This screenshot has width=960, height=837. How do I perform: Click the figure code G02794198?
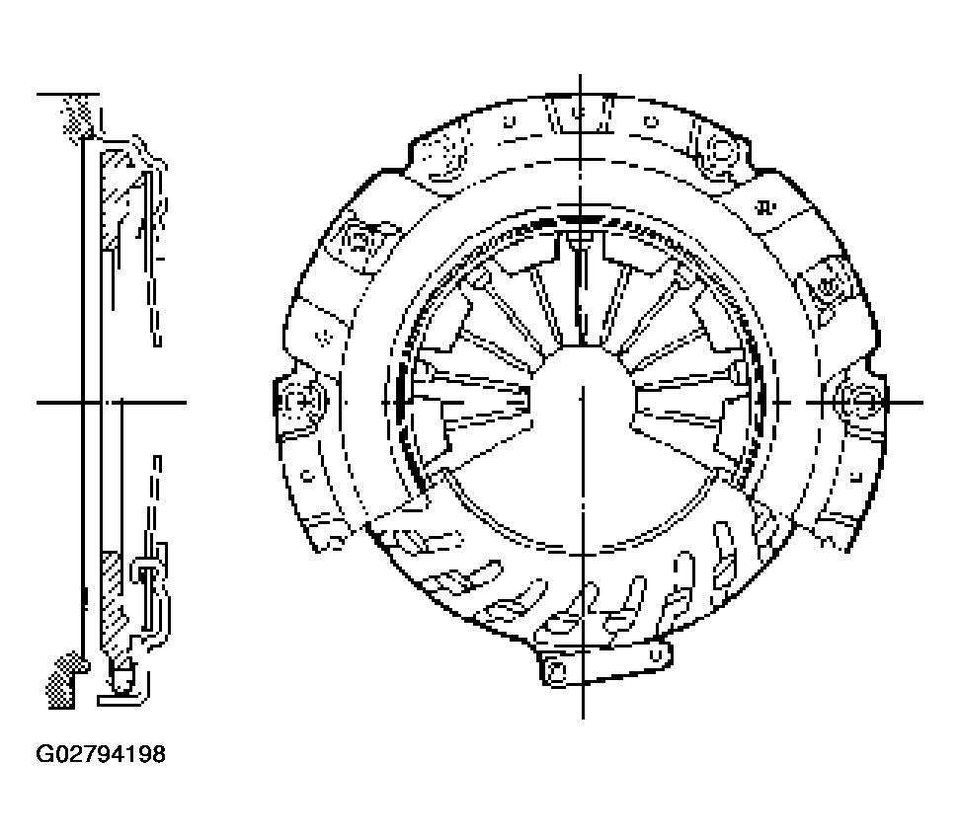point(101,754)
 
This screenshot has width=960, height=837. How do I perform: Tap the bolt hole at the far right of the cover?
point(863,402)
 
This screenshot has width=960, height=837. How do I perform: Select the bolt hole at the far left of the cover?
point(302,402)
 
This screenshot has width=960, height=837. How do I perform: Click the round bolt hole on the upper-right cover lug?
point(721,150)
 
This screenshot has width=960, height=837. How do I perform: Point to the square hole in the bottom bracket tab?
point(556,672)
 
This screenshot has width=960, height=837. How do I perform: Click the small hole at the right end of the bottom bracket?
point(656,655)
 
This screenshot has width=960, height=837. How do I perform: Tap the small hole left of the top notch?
point(510,120)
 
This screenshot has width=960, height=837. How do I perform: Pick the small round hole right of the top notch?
point(652,122)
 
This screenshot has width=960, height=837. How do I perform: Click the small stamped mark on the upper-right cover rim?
point(764,207)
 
